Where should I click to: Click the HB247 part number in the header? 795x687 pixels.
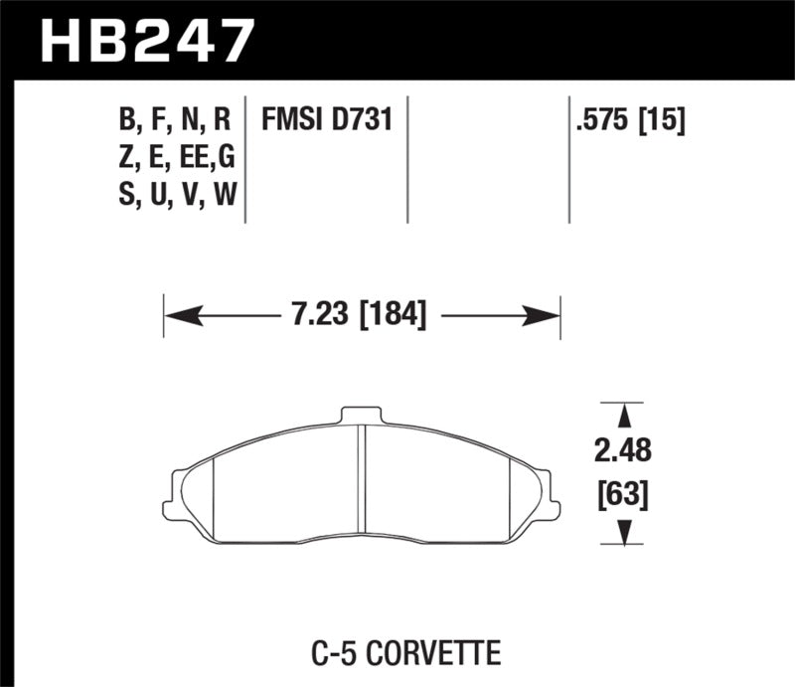(146, 41)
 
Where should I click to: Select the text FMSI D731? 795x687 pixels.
(327, 121)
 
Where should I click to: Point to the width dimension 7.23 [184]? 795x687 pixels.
(361, 316)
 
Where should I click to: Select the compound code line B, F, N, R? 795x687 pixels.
(174, 121)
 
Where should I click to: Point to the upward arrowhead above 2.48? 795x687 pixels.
(624, 413)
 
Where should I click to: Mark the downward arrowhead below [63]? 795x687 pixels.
(624, 535)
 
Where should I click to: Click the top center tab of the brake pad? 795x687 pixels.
(361, 415)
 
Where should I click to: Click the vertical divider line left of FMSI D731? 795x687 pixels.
(244, 159)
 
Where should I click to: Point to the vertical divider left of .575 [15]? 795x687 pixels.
(568, 159)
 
